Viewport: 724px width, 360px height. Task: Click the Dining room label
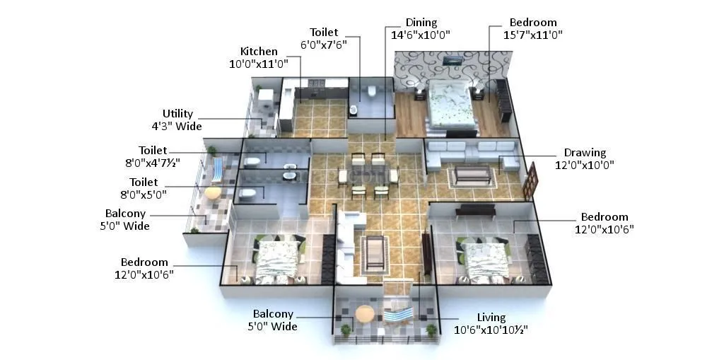click(421, 23)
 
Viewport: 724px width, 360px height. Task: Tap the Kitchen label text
click(259, 52)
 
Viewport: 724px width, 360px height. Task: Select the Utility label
click(177, 114)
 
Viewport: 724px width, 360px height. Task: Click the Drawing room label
click(585, 153)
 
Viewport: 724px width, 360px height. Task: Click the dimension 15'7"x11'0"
click(533, 35)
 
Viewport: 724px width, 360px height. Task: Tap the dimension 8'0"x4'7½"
click(153, 162)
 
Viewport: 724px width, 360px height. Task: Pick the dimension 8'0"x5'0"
click(148, 194)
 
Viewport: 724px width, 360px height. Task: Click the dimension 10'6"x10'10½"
click(491, 330)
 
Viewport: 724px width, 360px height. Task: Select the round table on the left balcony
click(212, 191)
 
